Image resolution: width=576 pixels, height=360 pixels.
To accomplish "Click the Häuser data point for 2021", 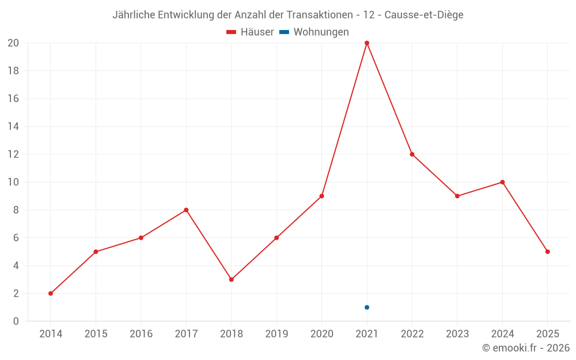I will (x=367, y=43).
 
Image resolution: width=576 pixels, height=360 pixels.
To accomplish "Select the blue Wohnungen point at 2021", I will (x=367, y=307).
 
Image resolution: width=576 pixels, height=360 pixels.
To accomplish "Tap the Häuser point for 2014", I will (x=51, y=293).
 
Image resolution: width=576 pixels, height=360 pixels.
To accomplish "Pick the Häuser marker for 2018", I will (x=231, y=279).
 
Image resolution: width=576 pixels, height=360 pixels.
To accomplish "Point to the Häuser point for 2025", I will (x=547, y=252).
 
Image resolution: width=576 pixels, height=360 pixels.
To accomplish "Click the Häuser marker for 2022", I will (x=412, y=154).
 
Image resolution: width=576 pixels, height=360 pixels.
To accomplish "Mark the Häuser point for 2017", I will (x=186, y=210).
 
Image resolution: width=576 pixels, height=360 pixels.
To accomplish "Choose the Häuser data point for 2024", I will (x=502, y=182).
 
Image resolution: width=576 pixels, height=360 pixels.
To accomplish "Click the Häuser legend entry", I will (x=250, y=32).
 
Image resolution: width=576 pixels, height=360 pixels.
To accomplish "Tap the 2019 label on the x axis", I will (x=276, y=334).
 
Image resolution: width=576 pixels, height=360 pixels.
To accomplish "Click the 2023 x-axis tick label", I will (x=457, y=334).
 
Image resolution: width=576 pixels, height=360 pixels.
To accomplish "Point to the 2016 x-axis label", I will (x=141, y=334).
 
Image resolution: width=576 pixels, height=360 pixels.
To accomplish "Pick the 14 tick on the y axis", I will (x=13, y=127).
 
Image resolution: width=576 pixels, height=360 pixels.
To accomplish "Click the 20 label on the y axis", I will (x=13, y=43).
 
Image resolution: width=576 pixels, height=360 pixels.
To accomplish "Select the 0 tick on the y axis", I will (x=16, y=321).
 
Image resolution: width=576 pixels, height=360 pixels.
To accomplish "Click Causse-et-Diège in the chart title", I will (x=424, y=15).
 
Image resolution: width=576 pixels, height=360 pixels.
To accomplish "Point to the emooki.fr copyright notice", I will (x=525, y=348).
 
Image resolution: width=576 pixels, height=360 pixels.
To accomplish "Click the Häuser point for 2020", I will (x=321, y=196).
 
